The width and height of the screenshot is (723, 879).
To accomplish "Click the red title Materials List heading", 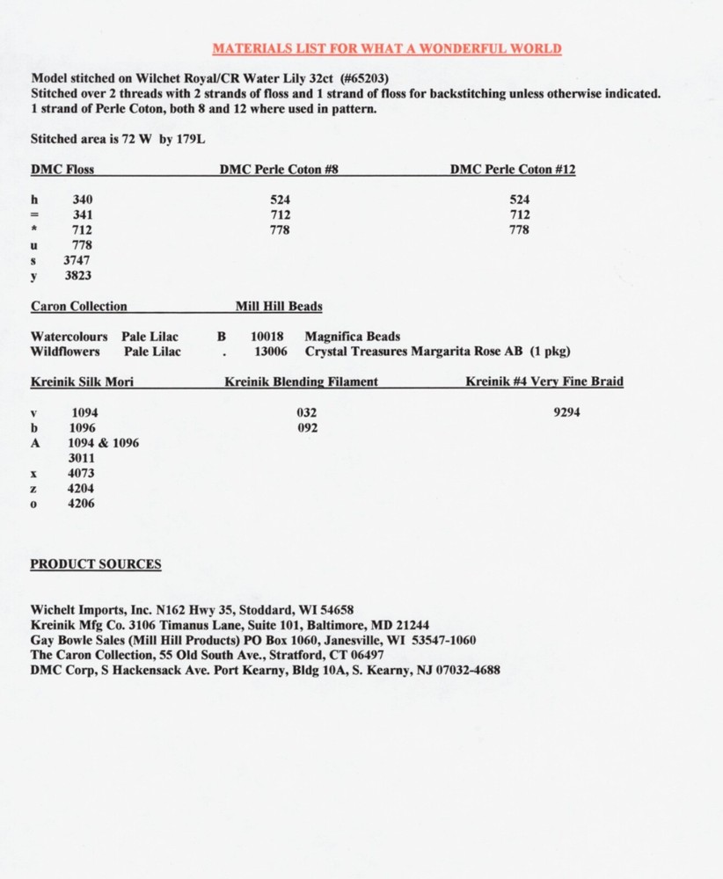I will coord(387,48).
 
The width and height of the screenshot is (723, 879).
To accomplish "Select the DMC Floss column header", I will coord(62,170).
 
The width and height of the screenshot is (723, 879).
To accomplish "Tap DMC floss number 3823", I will coord(77,275).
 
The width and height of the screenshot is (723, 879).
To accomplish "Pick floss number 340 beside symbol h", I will coord(82,200).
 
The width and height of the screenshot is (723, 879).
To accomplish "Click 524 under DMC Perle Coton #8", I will coord(281,200).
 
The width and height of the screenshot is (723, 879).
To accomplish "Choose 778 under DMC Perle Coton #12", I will coord(519,229).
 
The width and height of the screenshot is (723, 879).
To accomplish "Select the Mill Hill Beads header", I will coord(278,307).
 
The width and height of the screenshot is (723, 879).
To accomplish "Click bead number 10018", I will coord(267,337).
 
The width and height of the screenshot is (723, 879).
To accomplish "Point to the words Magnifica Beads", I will coord(352,337).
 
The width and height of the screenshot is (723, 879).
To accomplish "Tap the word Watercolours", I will coord(69,337).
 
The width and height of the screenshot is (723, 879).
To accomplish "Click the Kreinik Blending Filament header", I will coord(301,381).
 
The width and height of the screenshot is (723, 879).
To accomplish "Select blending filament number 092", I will coord(307,428).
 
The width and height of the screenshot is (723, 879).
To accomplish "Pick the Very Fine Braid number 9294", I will coord(567,412).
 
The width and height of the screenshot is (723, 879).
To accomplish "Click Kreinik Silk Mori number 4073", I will coord(82,473).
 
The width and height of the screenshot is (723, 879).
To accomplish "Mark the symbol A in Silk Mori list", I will coord(35,443).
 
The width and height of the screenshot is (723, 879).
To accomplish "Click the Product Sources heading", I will coord(96,564).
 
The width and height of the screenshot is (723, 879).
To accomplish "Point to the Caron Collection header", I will coord(78,307).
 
